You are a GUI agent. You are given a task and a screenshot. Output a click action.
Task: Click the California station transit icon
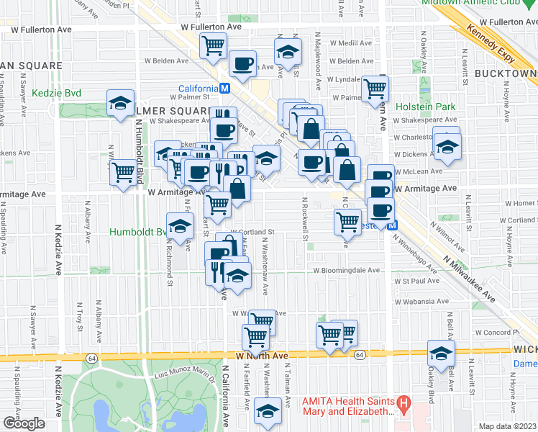click(x=225, y=89)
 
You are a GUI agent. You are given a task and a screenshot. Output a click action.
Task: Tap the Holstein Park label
click(x=427, y=107)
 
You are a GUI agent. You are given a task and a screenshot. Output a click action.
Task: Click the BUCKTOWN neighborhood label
click(x=506, y=74)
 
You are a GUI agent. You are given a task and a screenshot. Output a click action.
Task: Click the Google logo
click(x=24, y=423)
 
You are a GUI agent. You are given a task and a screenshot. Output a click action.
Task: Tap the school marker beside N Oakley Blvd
click(x=441, y=353)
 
